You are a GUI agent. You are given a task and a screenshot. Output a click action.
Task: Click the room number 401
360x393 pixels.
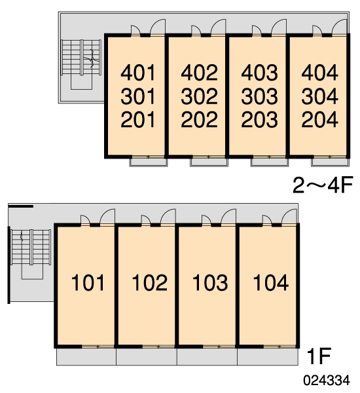coord(138,73)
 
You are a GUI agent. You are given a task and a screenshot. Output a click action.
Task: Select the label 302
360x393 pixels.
coord(199,96)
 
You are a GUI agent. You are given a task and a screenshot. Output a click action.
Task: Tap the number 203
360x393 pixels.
coord(260,120)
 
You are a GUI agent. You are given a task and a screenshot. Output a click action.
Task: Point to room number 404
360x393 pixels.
coord(319,73)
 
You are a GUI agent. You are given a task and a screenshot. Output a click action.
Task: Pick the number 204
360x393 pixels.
coord(319,120)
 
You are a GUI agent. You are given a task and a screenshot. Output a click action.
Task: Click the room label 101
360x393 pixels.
coord(88,282)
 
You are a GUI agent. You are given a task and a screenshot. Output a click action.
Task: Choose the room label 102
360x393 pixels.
coord(149,282)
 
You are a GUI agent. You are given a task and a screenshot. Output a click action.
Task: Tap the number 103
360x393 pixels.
coord(210,282)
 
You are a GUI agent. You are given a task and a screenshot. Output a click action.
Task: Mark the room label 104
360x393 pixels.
coord(271,282)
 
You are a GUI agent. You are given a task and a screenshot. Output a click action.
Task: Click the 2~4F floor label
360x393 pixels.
coord(323,185)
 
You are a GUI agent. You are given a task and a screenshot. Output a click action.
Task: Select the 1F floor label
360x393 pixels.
coord(319,356)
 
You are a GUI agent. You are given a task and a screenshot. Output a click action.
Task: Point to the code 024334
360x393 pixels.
coord(327,380)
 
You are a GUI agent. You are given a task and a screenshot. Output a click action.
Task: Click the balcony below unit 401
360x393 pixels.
coord(149,162)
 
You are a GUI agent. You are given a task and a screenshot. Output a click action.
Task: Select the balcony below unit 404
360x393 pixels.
coord(330,162)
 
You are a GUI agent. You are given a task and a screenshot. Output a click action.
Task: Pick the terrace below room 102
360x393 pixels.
coord(147,357)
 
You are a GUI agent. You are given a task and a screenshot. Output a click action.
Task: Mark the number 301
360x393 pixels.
coord(138,96)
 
